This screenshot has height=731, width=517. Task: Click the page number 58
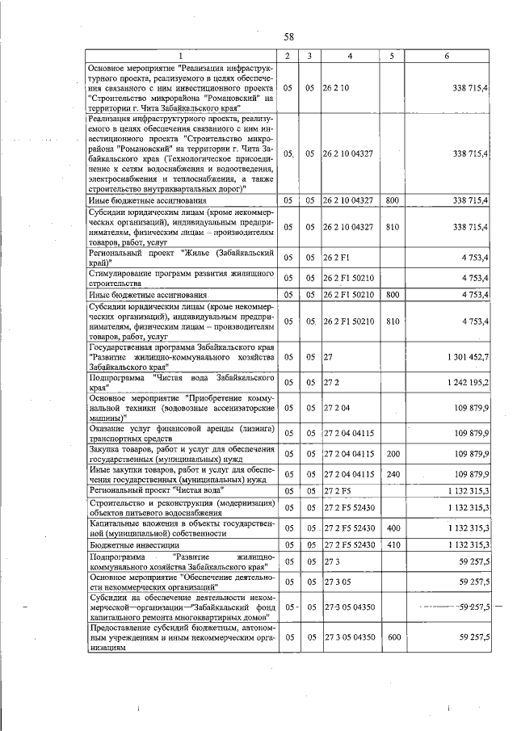tap(288, 36)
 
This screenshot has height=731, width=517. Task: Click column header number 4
tap(349, 55)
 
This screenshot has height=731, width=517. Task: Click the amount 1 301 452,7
tap(466, 355)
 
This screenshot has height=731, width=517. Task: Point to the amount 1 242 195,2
tap(466, 380)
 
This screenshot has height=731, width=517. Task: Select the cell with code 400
tap(393, 527)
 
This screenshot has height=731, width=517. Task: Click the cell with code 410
tap(393, 545)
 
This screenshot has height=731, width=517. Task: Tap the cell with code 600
tap(393, 637)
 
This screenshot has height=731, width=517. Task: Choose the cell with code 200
tap(393, 454)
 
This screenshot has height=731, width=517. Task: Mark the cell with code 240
tap(393, 473)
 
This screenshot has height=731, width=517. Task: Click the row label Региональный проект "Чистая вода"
tap(157, 490)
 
